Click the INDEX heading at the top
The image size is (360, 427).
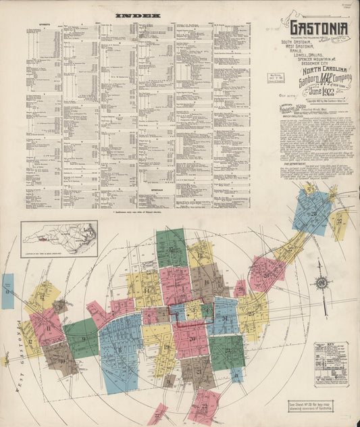137,15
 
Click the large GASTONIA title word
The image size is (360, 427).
319,28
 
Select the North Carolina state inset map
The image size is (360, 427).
59,238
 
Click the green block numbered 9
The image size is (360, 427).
82,338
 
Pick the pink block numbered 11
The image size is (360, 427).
47,326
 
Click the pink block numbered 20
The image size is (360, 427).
191,338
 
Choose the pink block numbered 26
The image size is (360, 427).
266,273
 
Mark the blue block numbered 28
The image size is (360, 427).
311,211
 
